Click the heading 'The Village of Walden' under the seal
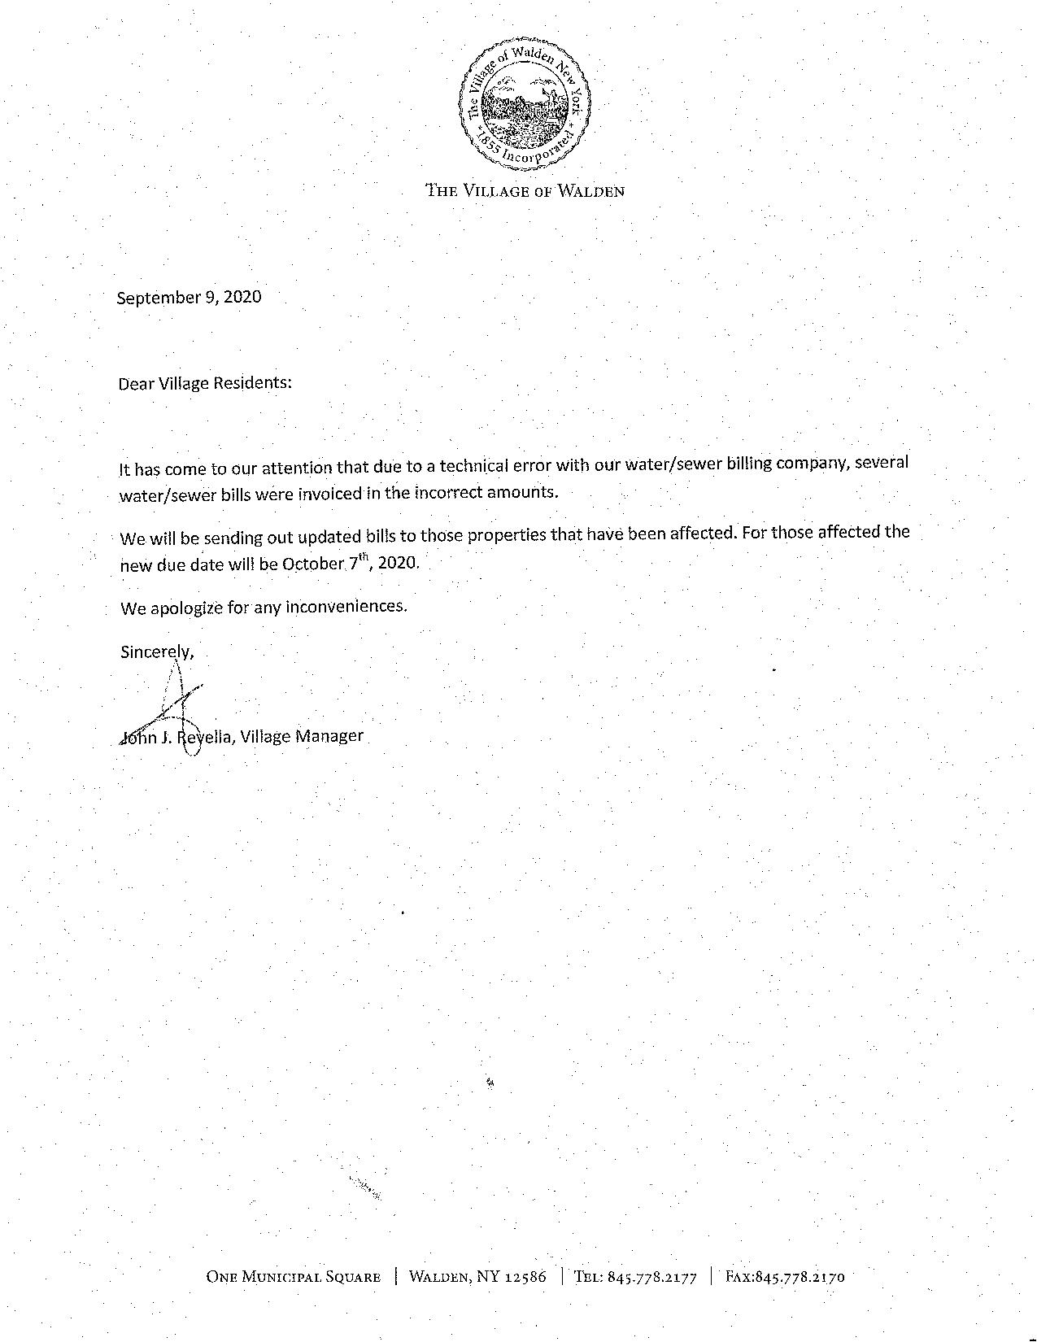pos(525,192)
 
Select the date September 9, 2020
pos(190,298)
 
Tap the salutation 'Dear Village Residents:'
pos(205,383)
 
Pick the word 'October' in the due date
pos(312,564)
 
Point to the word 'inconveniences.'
pos(346,607)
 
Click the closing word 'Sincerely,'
pos(158,651)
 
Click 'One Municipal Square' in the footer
pos(294,1277)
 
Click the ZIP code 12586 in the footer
pos(525,1277)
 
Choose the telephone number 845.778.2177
pos(652,1277)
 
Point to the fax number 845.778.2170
pos(800,1277)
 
